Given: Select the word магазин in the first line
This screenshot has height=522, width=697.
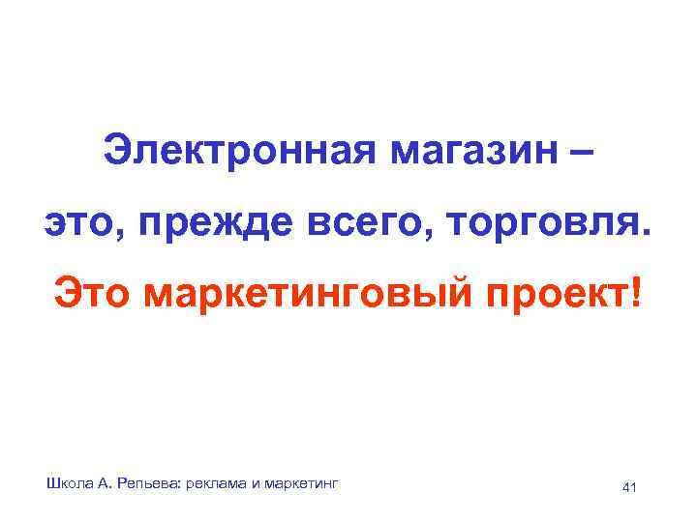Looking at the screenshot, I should tap(463, 152).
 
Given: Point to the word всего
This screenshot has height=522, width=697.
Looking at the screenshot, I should tap(371, 224).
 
